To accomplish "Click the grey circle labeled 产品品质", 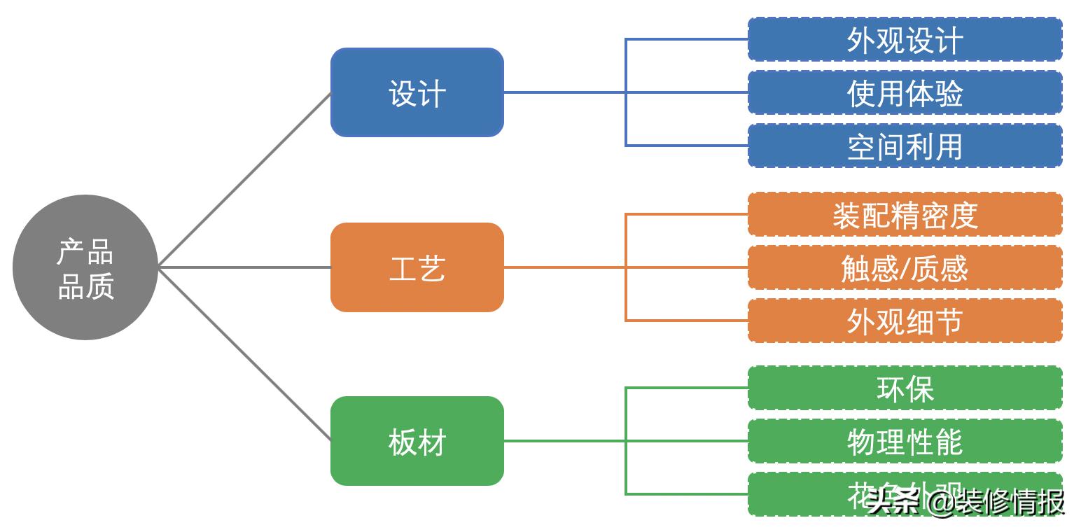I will pos(85,267).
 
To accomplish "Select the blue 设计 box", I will pos(417,92).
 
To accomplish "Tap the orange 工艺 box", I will pos(417,267).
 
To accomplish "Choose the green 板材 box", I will pos(417,441).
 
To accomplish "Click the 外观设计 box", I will pos(905,40).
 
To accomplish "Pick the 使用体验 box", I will pos(905,92).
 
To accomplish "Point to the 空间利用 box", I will pos(905,146).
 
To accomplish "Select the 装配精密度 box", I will pos(905,215).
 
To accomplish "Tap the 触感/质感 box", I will pos(905,267).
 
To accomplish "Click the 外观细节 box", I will pos(905,321).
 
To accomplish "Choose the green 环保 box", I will pos(905,388).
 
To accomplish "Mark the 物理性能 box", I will pos(905,441).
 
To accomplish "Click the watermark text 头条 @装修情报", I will pos(966,501).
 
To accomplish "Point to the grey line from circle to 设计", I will pos(245,179).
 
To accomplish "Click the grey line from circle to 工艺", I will pos(245,267).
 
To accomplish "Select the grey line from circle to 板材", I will pos(245,354).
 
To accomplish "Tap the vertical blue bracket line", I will pos(626,119).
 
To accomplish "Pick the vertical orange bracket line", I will pos(626,294).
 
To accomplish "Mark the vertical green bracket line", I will pos(626,468).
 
